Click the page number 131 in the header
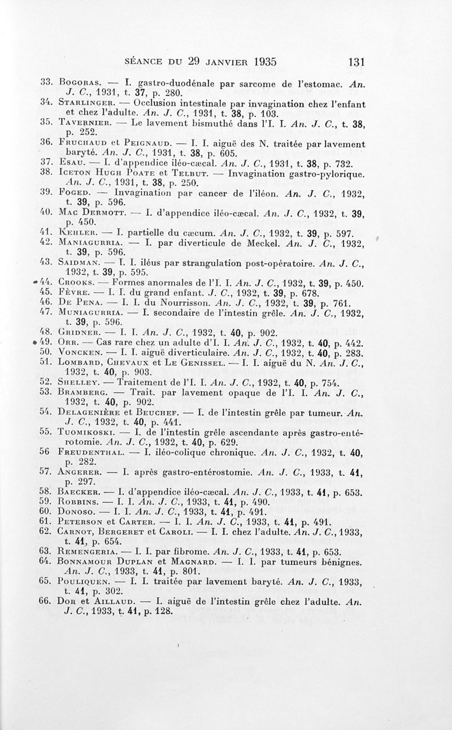[358, 60]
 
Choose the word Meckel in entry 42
[277, 243]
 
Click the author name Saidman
[80, 263]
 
